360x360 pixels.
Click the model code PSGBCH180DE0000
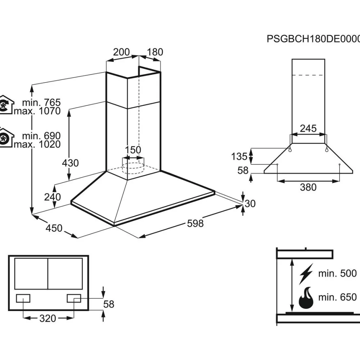pyautogui.click(x=314, y=39)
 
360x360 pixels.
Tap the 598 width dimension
pyautogui.click(x=195, y=223)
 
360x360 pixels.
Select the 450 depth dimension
pyautogui.click(x=54, y=228)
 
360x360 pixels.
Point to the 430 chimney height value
pyautogui.click(x=70, y=163)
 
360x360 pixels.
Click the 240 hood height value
pyautogui.click(x=52, y=197)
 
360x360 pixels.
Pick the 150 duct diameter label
pyautogui.click(x=133, y=150)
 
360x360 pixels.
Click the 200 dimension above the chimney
pyautogui.click(x=121, y=52)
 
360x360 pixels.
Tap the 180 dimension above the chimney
pyautogui.click(x=155, y=52)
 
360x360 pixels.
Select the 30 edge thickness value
pyautogui.click(x=250, y=204)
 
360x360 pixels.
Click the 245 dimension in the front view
pyautogui.click(x=308, y=129)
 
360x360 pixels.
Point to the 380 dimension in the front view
pyautogui.click(x=308, y=187)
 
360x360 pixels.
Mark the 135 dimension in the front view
pyautogui.click(x=239, y=157)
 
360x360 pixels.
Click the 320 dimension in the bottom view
pyautogui.click(x=48, y=319)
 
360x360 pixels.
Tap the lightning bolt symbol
pyautogui.click(x=306, y=274)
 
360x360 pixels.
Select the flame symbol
pyautogui.click(x=306, y=298)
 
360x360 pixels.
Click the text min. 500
pyautogui.click(x=337, y=274)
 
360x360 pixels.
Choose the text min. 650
pyautogui.click(x=337, y=297)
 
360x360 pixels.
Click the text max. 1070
pyautogui.click(x=37, y=111)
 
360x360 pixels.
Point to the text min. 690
pyautogui.click(x=41, y=136)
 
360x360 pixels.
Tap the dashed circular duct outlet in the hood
pyautogui.click(x=133, y=168)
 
